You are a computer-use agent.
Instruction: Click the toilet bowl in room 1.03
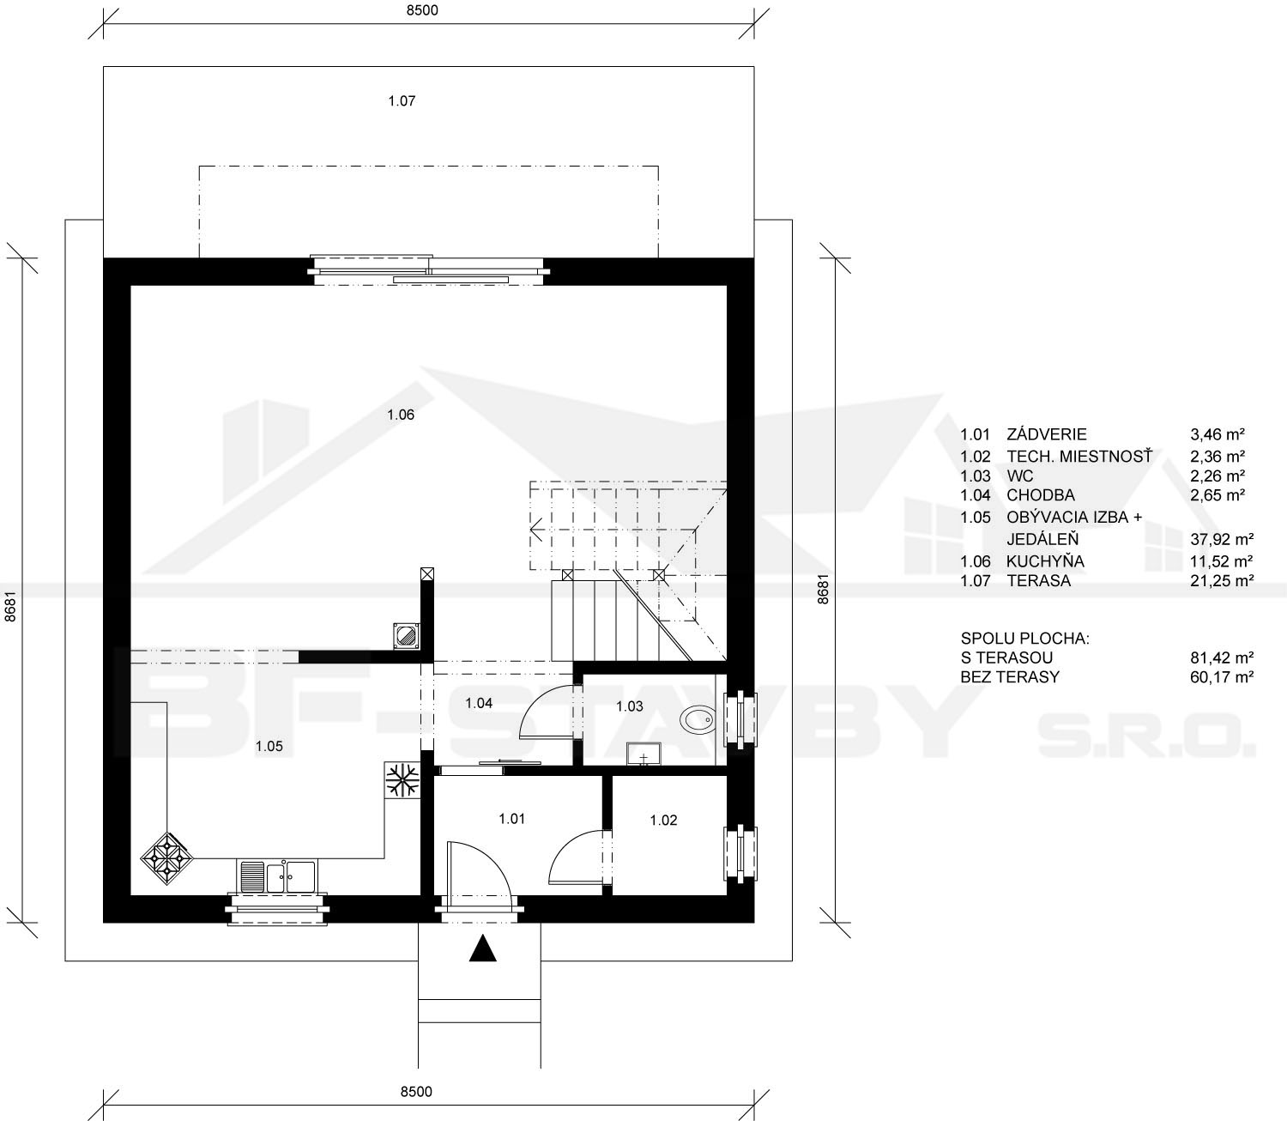tap(698, 719)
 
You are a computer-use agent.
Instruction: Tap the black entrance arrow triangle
tap(482, 948)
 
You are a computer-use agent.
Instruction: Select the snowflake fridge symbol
tap(402, 780)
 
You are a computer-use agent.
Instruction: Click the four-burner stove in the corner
tap(166, 858)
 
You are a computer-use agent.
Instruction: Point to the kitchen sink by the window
tap(277, 876)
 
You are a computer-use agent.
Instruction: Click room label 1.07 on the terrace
tap(402, 100)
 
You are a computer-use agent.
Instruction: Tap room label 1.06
tap(401, 415)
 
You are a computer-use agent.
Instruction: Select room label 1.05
tap(269, 746)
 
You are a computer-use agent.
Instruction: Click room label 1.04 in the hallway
tap(479, 703)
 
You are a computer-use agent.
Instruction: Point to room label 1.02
tap(663, 821)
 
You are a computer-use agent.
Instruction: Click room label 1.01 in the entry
tap(511, 818)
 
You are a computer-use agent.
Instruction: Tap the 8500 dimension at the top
tap(421, 10)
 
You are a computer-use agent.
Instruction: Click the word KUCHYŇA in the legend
tap(1045, 561)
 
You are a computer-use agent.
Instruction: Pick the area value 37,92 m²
tap(1222, 539)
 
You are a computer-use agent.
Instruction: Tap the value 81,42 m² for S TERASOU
tap(1222, 657)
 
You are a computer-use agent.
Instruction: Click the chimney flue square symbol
tap(407, 635)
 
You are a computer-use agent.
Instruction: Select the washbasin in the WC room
tap(643, 754)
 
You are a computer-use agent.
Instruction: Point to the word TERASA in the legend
tap(1038, 580)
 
